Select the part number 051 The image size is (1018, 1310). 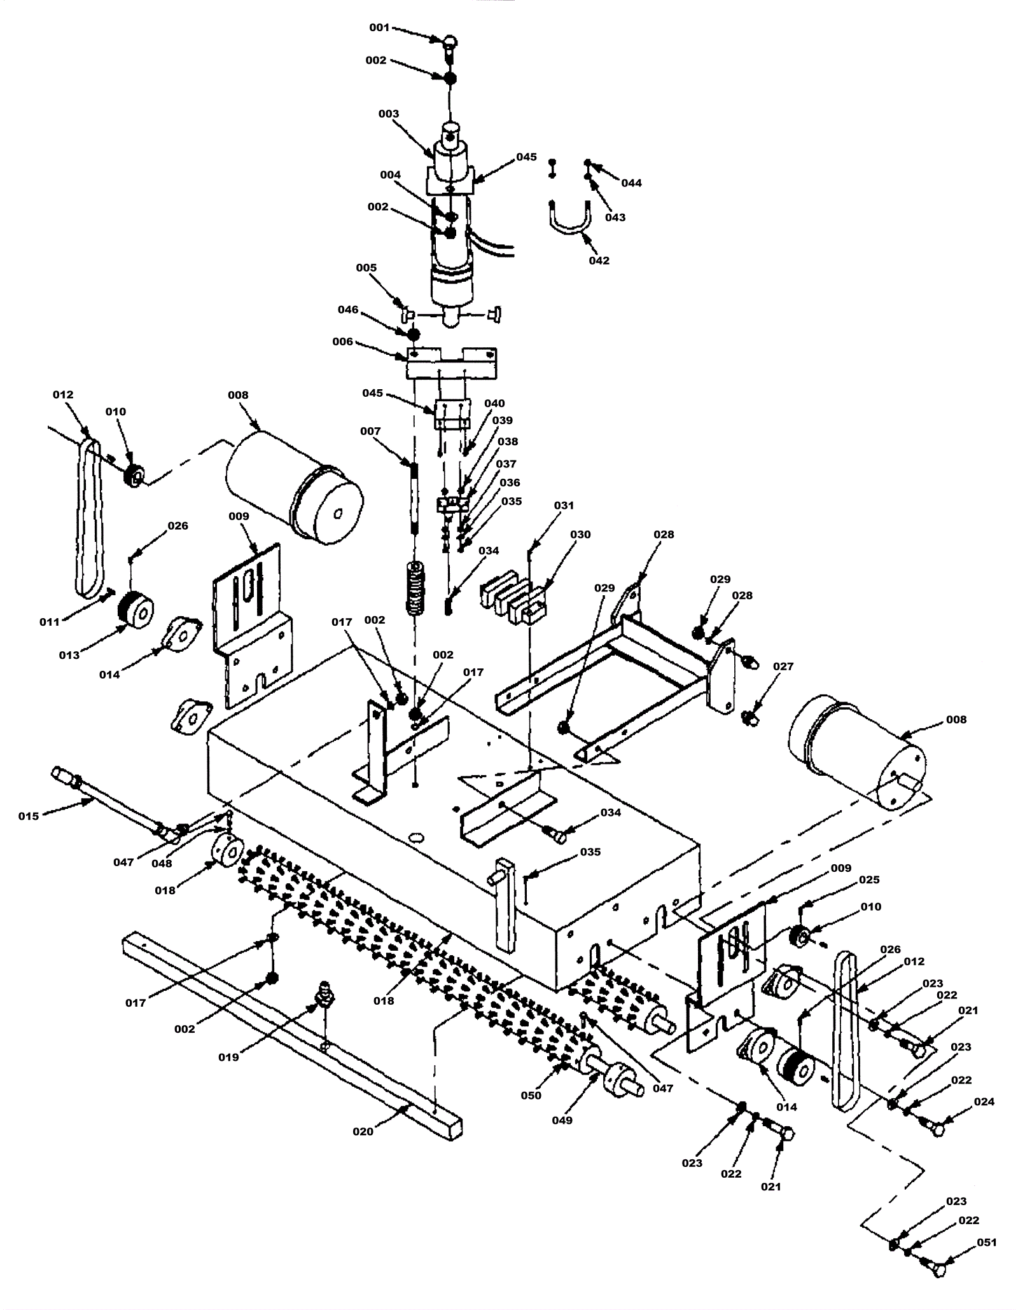(986, 1242)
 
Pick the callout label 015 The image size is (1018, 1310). (29, 816)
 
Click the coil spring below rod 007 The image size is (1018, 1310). (415, 588)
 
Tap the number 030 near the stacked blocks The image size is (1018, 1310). (580, 534)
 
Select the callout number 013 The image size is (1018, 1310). (69, 654)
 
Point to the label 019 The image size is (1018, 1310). (228, 1057)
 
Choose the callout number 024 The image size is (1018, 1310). (984, 1101)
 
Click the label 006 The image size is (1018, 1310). (342, 341)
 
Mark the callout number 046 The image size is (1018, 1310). (348, 310)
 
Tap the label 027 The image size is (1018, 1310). (783, 666)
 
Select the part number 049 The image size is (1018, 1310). (562, 1120)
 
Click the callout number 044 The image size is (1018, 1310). (631, 183)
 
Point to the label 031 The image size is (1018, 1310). (563, 505)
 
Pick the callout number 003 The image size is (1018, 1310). (388, 114)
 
